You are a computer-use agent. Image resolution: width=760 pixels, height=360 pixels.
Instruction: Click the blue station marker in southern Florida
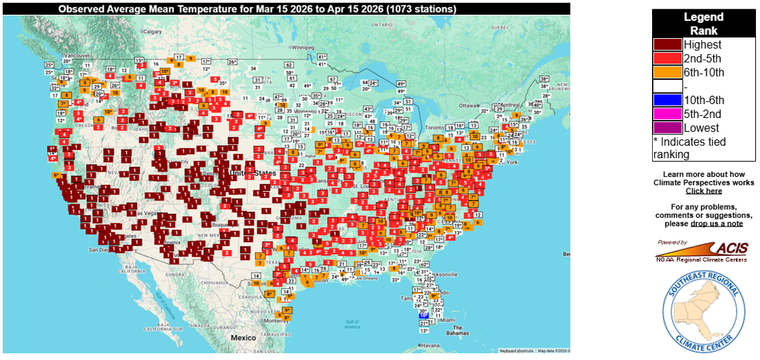423,315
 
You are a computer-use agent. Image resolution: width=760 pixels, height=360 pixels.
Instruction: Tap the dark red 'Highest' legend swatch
668,45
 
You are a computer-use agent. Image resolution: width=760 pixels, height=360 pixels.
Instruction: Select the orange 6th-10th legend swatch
668,72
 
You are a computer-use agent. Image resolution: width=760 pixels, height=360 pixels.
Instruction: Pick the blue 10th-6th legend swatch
668,101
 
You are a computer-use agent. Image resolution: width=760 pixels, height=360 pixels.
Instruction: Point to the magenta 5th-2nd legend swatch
668,114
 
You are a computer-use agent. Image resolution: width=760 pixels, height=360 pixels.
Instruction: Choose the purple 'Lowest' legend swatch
668,128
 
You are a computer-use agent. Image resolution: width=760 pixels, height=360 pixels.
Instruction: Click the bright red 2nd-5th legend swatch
668,59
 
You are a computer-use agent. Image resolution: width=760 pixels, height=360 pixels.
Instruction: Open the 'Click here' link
703,191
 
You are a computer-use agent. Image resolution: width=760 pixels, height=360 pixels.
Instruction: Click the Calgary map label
153,32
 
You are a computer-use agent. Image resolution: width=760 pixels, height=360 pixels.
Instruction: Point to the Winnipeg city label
303,48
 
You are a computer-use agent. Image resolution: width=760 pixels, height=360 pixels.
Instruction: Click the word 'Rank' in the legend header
703,31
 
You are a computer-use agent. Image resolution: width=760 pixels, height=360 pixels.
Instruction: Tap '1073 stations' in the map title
416,9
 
